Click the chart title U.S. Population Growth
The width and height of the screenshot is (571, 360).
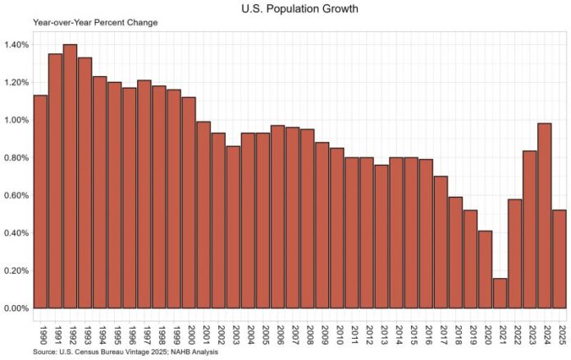tap(285, 9)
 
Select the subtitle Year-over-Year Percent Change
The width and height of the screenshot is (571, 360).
tap(84, 22)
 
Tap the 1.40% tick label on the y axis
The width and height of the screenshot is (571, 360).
tap(16, 44)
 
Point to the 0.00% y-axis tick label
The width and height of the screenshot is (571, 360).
tap(16, 308)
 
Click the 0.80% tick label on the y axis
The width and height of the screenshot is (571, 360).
tap(16, 157)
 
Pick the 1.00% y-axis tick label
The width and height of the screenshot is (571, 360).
tap(16, 120)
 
